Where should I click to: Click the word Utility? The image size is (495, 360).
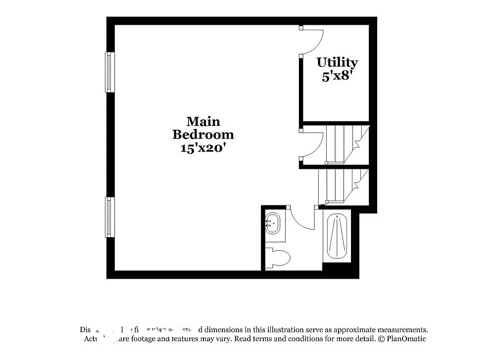point(337,63)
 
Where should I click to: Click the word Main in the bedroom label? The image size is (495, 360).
point(203,121)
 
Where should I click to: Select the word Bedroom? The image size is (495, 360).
point(203,134)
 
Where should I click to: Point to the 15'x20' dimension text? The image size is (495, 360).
point(203,147)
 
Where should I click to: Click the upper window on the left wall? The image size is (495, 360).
point(109,72)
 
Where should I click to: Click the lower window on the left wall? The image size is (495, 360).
point(109,217)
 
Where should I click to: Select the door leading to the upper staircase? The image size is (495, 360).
point(312,145)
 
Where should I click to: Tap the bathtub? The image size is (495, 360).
point(337,236)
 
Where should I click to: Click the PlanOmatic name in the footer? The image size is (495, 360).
point(405,339)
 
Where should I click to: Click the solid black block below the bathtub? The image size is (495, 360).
point(340,270)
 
